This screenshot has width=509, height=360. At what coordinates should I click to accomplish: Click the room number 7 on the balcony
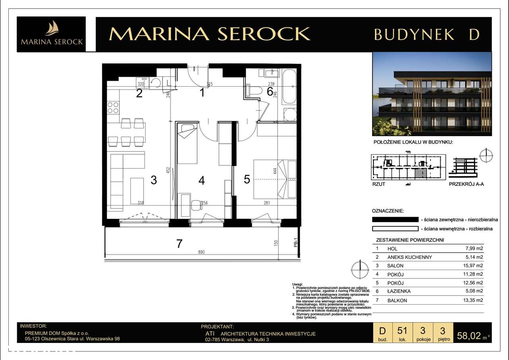179,243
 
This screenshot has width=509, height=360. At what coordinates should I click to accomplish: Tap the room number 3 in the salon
153,180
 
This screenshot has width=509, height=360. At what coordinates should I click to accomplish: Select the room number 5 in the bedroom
247,179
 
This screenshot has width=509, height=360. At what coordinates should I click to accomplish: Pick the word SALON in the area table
395,265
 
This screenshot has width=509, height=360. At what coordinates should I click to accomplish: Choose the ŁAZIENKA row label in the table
399,291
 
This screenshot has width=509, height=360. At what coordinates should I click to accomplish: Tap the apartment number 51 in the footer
402,331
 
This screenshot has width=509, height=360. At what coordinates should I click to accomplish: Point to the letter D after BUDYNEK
474,35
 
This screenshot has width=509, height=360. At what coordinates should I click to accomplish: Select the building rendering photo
432,94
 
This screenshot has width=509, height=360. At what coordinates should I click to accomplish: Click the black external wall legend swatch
395,219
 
